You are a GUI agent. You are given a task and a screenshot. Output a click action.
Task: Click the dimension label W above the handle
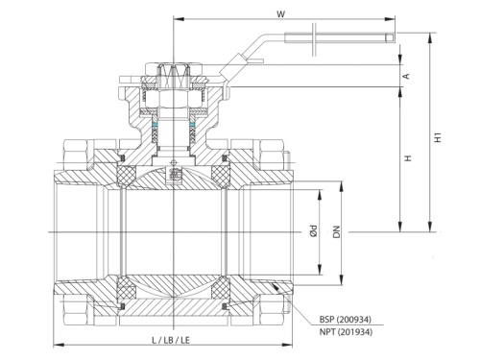coord(279,12)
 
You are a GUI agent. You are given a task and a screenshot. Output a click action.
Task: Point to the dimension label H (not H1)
coord(407,158)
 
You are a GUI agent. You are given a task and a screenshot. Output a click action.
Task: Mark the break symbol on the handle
coord(312,39)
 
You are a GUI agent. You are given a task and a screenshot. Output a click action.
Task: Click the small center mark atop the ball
coord(173,174)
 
